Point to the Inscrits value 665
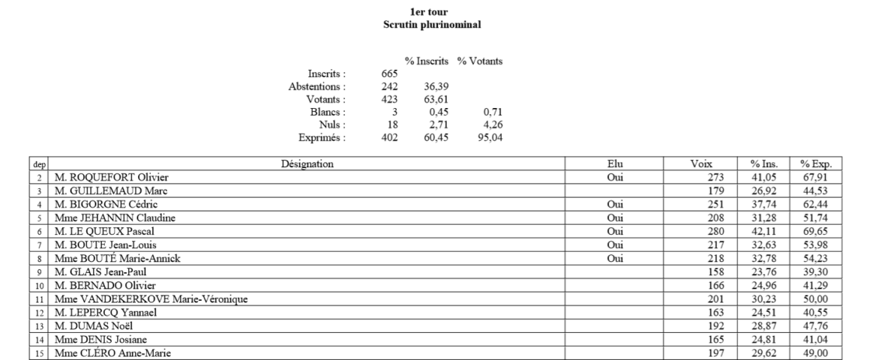388,73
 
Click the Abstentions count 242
388,86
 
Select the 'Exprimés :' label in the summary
322,137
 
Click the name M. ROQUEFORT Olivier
110,177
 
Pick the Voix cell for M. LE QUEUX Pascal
713,231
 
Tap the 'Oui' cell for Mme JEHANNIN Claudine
614,217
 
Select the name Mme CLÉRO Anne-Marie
108,354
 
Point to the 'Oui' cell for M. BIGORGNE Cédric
614,204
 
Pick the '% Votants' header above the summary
480,61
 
